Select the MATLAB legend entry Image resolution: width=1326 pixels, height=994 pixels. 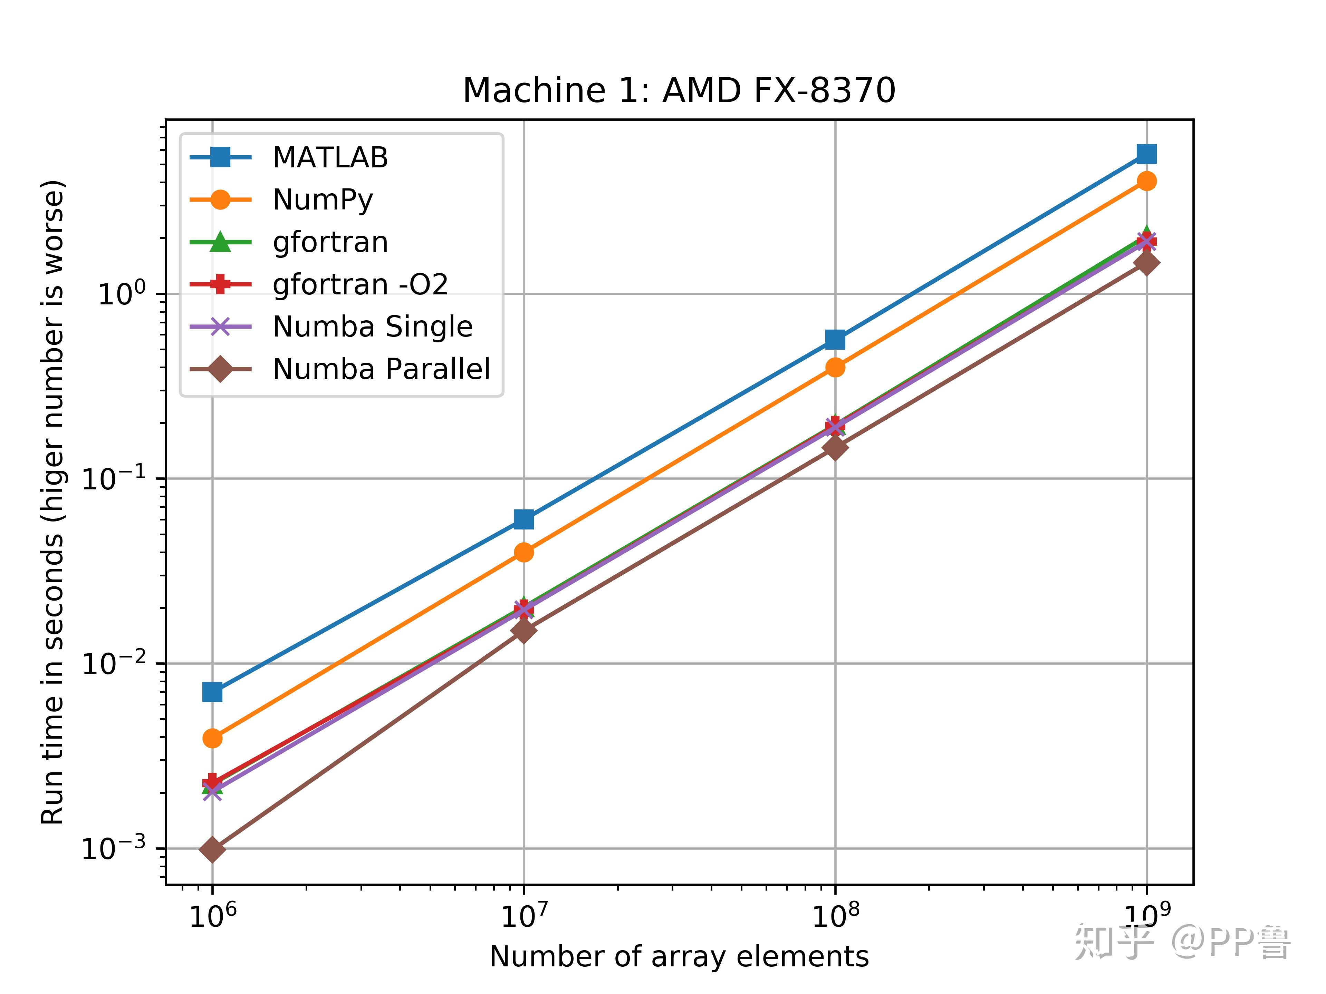[x=330, y=158]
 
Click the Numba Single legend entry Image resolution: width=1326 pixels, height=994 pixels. [x=372, y=327]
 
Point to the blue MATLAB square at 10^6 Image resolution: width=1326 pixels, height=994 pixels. [x=212, y=692]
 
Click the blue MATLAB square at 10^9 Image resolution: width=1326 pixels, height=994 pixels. [x=1146, y=154]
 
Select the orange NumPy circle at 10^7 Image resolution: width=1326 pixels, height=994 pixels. [x=524, y=552]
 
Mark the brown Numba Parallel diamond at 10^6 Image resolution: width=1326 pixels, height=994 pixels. [x=212, y=849]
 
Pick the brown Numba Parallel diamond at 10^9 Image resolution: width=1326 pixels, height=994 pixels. [x=1146, y=262]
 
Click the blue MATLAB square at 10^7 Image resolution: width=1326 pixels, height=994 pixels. [x=524, y=519]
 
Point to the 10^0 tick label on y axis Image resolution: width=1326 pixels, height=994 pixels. [x=122, y=294]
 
